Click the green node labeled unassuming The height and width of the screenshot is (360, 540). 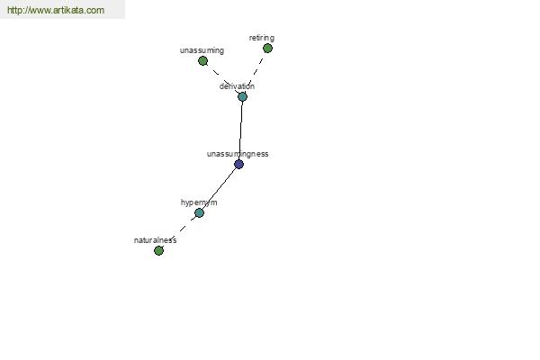point(202,61)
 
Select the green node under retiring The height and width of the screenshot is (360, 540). point(267,49)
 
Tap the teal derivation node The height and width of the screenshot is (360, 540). point(242,97)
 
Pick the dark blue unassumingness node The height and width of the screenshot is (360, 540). point(238,165)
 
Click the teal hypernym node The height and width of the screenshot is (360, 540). point(200,213)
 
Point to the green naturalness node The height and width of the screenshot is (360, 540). point(158,251)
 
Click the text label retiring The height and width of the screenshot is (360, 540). point(262,38)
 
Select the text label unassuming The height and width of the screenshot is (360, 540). point(202,50)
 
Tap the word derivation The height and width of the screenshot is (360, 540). point(237,86)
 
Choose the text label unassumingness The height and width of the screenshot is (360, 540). point(238,154)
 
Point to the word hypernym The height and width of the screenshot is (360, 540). point(199,202)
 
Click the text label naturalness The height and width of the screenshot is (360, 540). point(156,240)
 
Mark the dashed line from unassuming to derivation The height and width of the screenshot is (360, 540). point(222,79)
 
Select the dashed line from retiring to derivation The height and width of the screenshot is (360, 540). point(255,73)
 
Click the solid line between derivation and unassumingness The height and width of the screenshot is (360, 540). point(240,130)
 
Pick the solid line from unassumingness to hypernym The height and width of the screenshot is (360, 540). point(219,189)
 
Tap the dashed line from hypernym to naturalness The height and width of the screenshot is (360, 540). point(179,232)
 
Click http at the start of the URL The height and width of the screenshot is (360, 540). point(14,10)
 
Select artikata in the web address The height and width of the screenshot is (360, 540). point(72,10)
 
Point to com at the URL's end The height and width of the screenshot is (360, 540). point(98,11)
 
